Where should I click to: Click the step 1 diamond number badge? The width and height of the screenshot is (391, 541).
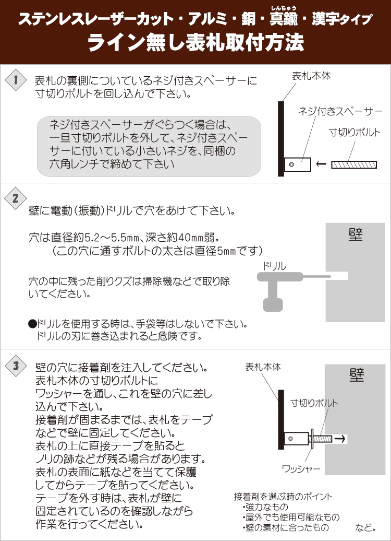click(x=16, y=80)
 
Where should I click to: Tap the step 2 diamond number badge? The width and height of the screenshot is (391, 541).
click(x=16, y=198)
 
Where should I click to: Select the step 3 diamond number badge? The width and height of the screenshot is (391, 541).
click(x=16, y=366)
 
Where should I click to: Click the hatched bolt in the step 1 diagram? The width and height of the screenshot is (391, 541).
click(x=354, y=165)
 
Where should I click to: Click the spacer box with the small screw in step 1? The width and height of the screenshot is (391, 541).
click(x=297, y=164)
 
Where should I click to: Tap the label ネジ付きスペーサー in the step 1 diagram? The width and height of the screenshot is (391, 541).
click(x=340, y=111)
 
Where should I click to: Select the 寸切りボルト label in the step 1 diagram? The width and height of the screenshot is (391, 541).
click(x=355, y=132)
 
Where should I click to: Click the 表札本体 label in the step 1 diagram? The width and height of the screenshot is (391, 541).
click(x=311, y=76)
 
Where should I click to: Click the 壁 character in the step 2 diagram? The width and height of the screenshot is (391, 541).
click(x=355, y=235)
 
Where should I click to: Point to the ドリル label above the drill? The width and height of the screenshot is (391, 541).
click(x=274, y=266)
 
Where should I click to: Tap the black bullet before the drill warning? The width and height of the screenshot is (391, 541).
click(x=32, y=324)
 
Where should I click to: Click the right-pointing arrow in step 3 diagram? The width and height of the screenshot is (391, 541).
click(x=340, y=439)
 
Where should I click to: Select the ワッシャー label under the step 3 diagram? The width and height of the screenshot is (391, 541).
click(x=301, y=469)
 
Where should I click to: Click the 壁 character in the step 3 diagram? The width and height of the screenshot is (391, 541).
click(x=357, y=375)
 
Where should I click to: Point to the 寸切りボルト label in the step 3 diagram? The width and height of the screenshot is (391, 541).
click(x=314, y=403)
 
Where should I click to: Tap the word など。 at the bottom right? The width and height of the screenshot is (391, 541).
click(x=365, y=527)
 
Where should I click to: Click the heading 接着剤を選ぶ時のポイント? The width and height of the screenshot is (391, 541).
click(x=283, y=497)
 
